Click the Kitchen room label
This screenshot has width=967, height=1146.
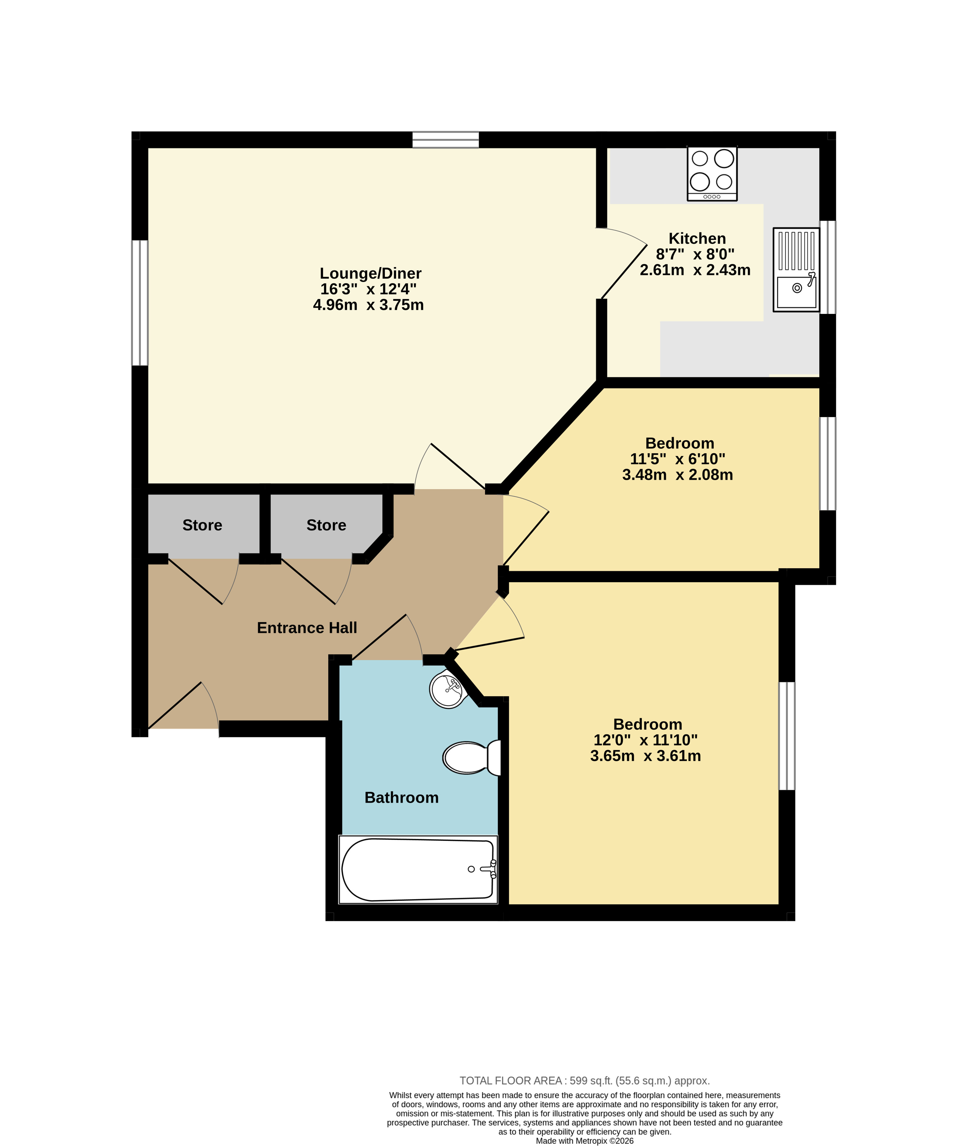click(697, 238)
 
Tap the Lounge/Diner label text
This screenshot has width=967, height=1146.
click(371, 274)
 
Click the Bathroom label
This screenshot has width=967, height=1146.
click(401, 798)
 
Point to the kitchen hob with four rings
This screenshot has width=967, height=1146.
click(712, 174)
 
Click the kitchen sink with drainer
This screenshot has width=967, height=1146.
click(796, 270)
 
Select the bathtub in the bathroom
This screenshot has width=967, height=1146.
click(418, 870)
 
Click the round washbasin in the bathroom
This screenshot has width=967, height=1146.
click(449, 690)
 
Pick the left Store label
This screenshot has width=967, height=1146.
click(202, 525)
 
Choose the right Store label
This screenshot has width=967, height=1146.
click(326, 525)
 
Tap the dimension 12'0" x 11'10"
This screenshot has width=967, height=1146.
click(646, 740)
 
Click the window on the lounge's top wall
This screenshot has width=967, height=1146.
click(446, 140)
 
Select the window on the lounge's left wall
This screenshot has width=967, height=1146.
click(140, 303)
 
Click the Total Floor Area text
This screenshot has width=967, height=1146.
click(584, 1081)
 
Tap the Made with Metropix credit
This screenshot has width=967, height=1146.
click(584, 1141)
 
